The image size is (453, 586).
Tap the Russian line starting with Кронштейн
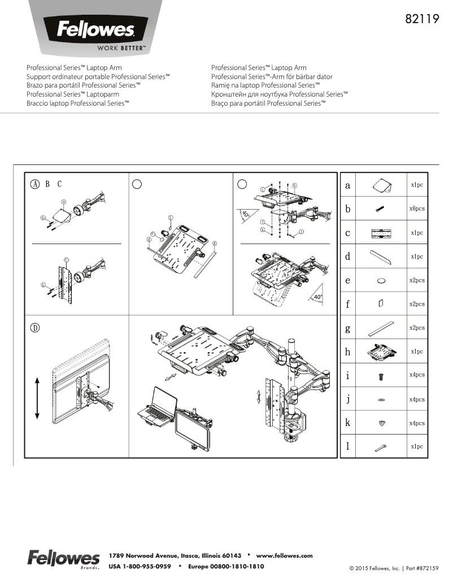(x=279, y=94)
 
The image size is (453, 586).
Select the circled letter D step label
(x=35, y=328)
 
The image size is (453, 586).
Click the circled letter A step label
(x=35, y=184)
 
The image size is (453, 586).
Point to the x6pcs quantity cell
(x=417, y=209)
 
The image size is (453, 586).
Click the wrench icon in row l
(x=380, y=447)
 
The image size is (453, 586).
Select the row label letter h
(x=348, y=352)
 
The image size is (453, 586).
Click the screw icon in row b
(x=380, y=209)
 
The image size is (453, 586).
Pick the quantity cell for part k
(x=417, y=423)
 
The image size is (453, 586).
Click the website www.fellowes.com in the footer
(x=284, y=555)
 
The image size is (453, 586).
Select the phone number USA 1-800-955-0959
(x=140, y=566)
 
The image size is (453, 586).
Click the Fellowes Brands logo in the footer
(x=63, y=558)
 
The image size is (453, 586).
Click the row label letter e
(x=348, y=280)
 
